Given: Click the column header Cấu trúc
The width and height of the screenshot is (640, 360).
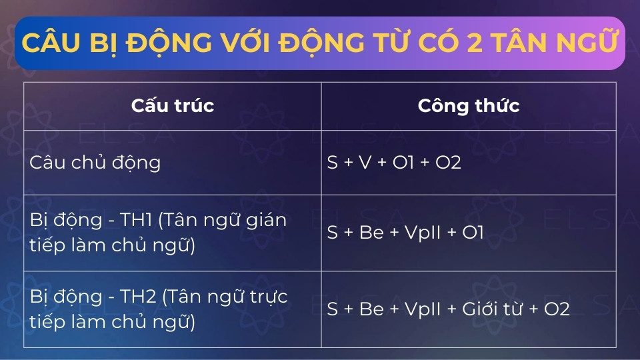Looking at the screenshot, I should (173, 105).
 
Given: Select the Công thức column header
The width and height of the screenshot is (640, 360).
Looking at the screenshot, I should (469, 105).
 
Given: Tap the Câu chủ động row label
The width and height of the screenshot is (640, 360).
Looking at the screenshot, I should (95, 163).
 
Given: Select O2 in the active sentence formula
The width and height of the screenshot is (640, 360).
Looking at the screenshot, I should (446, 163).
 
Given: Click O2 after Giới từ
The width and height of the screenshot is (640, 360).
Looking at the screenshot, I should (557, 309).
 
